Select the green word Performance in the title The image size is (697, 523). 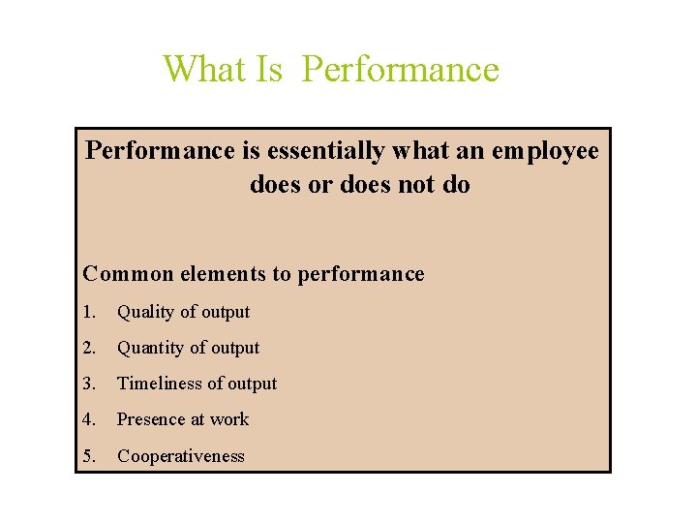pos(401,70)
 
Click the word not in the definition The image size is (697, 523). pos(418,184)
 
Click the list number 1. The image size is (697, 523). pos(90,312)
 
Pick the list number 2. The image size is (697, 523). pos(90,348)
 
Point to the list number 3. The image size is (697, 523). pos(90,384)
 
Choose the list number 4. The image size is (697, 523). pos(90,419)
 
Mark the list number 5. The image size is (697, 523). pos(90,456)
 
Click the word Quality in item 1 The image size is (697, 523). pos(147,312)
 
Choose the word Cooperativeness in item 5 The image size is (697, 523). pos(181,456)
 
